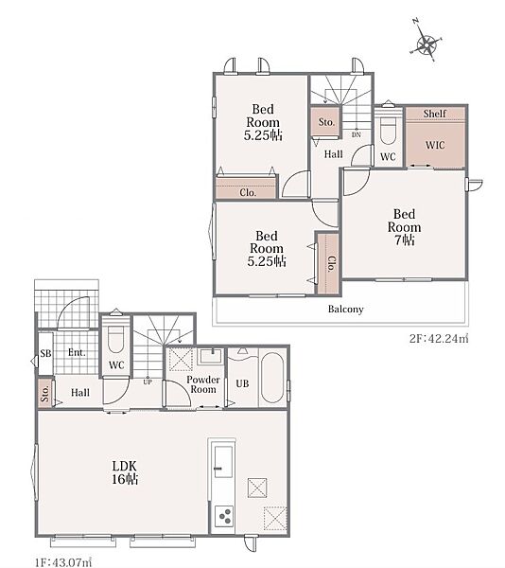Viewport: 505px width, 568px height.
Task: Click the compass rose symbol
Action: pyautogui.click(x=427, y=44)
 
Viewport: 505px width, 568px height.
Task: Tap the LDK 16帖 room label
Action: pyautogui.click(x=125, y=472)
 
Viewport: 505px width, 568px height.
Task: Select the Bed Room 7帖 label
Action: pyautogui.click(x=404, y=227)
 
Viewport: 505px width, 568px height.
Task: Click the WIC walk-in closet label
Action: pyautogui.click(x=435, y=145)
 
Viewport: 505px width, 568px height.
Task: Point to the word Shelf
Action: pyautogui.click(x=435, y=114)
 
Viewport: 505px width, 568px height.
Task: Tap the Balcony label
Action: pyautogui.click(x=345, y=309)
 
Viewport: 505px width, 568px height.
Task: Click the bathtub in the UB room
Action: pyautogui.click(x=272, y=377)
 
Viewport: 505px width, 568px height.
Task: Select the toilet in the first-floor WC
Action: pyautogui.click(x=115, y=340)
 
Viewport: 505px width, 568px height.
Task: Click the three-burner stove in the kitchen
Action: pyautogui.click(x=222, y=516)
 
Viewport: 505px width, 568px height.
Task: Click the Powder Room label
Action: pyautogui.click(x=203, y=384)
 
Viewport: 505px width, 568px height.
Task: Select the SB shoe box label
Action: pyautogui.click(x=45, y=353)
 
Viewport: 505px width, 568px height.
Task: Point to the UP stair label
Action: pyautogui.click(x=148, y=382)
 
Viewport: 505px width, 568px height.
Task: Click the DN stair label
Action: pyautogui.click(x=357, y=134)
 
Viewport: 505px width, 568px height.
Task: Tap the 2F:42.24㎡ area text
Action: pyautogui.click(x=439, y=339)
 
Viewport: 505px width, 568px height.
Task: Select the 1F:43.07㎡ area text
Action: pyautogui.click(x=63, y=562)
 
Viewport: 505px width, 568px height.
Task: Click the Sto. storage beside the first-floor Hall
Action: pyautogui.click(x=45, y=394)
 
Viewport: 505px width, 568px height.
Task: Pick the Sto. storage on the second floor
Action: pyautogui.click(x=326, y=122)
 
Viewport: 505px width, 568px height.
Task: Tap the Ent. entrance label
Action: pyautogui.click(x=77, y=352)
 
